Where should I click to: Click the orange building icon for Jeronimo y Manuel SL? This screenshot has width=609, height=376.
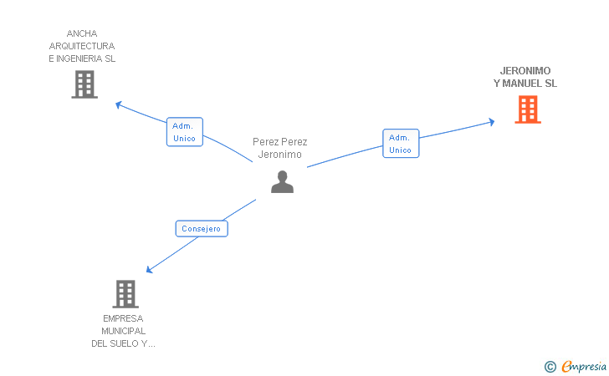527,109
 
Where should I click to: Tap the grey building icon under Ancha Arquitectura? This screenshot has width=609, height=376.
84,84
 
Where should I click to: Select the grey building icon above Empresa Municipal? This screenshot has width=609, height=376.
125,294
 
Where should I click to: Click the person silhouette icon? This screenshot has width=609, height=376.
282,181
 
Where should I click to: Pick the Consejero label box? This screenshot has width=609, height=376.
202,228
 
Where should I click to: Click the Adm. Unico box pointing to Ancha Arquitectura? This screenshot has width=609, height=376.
184,132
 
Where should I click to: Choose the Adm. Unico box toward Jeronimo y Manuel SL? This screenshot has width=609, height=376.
401,144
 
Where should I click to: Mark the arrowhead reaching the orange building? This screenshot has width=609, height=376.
491,122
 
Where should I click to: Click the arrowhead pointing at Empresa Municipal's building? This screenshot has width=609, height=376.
149,270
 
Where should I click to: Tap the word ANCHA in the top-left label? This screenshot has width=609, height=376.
82,34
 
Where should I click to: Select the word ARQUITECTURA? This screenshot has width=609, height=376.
82,46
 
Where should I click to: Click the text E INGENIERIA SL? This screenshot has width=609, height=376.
82,58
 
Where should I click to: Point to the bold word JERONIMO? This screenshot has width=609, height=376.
525,71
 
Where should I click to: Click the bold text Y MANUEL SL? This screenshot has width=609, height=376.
525,84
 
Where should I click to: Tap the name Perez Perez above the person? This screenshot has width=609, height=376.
280,142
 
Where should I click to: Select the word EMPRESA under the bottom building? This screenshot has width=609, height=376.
123,318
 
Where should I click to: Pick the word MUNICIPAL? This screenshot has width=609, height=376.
123,331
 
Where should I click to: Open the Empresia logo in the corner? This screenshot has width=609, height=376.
583,366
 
